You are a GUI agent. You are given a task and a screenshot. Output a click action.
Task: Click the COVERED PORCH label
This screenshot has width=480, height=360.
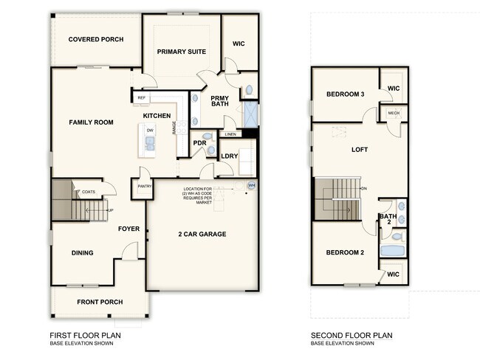click(95, 39)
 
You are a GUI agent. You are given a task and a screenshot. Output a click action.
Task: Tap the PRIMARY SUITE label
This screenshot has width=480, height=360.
click(181, 51)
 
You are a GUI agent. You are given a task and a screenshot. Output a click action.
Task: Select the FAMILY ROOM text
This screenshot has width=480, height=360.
click(91, 122)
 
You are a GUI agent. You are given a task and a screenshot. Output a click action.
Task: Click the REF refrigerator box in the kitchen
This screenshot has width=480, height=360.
click(141, 97)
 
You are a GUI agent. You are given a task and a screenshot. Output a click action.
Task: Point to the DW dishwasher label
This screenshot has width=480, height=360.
click(150, 131)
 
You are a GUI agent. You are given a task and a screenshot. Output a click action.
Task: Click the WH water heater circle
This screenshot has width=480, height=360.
click(251, 185)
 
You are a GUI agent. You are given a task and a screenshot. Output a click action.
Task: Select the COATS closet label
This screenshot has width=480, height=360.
click(89, 192)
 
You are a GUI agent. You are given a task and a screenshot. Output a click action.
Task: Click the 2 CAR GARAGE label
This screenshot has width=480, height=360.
click(202, 234)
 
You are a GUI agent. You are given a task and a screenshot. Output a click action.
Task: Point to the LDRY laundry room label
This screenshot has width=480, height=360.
click(229, 156)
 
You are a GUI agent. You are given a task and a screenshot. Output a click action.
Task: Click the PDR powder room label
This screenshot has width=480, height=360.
click(199, 143)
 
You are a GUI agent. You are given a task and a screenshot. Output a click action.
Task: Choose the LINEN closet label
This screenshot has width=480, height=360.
click(230, 134)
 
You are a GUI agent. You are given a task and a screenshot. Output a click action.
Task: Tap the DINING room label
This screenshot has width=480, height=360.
click(82, 253)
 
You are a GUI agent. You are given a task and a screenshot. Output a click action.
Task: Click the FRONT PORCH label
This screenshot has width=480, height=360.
click(100, 302)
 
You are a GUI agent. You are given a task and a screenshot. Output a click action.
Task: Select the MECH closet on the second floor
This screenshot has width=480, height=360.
click(394, 114)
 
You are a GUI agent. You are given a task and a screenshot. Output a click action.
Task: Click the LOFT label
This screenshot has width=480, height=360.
click(360, 150)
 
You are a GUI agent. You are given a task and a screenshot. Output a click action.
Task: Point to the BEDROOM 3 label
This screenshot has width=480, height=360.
click(345, 94)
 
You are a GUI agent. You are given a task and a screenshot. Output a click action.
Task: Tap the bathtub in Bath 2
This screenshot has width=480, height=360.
click(392, 252)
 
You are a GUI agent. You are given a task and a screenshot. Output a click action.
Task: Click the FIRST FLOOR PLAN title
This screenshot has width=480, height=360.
click(86, 335)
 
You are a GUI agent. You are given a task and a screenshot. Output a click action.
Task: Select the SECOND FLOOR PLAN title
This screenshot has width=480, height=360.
click(352, 335)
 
